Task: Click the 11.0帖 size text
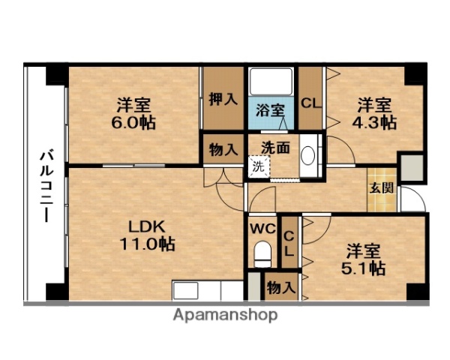[145, 244]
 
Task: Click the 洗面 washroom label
[275, 147]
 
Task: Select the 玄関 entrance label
[376, 187]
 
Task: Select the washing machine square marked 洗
[258, 166]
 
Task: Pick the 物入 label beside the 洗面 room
[223, 148]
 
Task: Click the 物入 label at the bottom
[281, 286]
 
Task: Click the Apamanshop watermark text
[225, 315]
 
